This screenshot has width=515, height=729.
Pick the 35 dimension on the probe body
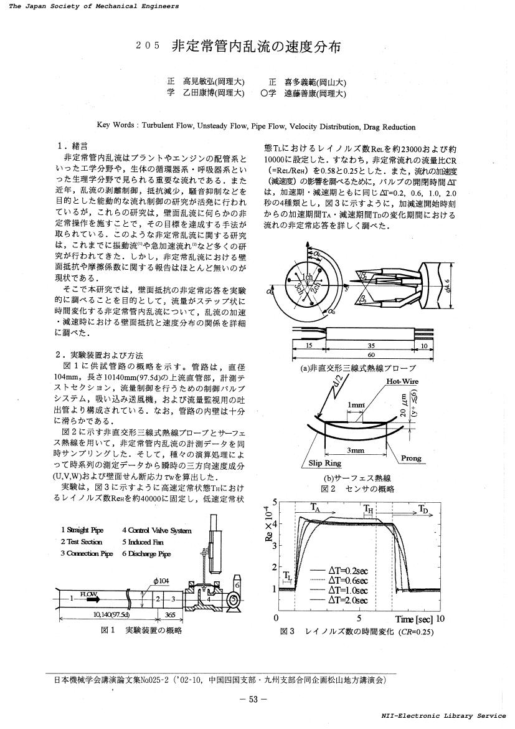pos(372,345)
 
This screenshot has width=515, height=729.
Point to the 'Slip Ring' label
pos(323,463)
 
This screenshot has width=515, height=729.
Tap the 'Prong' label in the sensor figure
pos(410,459)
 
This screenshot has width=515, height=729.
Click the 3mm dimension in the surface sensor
pos(356,450)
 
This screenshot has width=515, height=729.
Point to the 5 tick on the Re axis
pos(275,502)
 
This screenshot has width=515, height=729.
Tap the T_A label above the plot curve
pos(316,508)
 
